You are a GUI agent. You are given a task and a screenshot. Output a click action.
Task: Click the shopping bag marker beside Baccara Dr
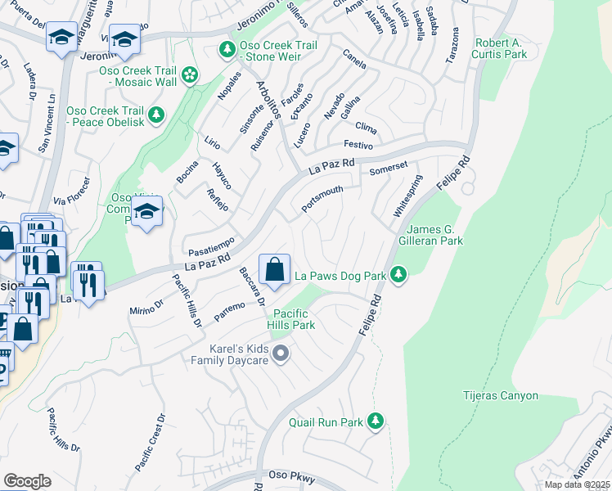point(275,269)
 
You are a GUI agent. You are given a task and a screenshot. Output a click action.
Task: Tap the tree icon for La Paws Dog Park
point(398,276)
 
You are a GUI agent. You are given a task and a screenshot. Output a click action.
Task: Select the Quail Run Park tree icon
point(376,421)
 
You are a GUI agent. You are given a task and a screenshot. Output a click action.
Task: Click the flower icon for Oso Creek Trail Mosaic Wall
point(190,75)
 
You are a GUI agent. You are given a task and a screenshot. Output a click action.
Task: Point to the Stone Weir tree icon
point(227,51)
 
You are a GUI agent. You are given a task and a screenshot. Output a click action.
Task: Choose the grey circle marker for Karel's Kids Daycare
point(281,354)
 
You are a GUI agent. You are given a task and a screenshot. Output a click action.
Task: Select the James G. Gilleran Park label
point(434,235)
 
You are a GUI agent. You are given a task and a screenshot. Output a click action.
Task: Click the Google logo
point(27,480)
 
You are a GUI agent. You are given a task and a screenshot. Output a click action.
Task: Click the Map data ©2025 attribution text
point(576,484)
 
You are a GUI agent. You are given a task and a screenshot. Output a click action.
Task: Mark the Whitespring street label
point(407,195)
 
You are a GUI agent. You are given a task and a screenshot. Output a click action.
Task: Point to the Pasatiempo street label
point(211,245)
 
